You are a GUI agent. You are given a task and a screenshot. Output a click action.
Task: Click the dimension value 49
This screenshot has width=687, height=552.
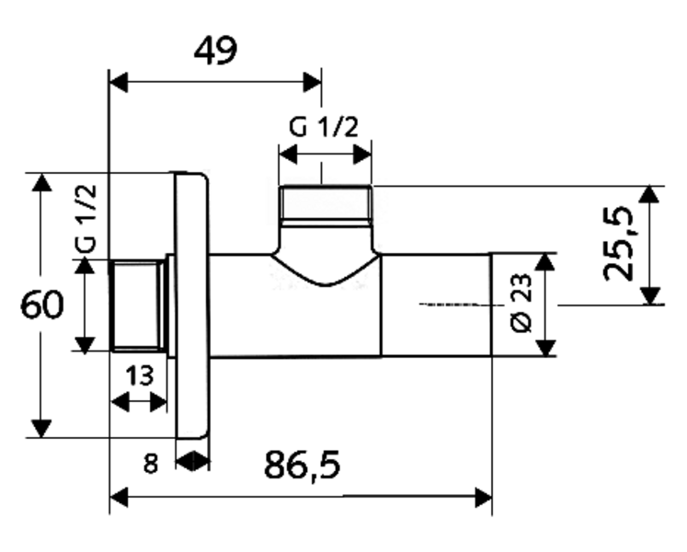point(215,51)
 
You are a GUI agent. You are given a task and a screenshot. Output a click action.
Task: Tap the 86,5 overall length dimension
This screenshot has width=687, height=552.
point(302,465)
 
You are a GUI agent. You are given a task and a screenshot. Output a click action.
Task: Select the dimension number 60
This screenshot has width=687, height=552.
point(42,305)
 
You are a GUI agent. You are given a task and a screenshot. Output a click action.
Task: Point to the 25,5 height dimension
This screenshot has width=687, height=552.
point(618,244)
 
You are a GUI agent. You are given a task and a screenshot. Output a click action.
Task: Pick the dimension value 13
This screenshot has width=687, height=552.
point(140,375)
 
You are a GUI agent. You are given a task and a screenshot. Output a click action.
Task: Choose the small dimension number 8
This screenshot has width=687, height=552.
point(150,464)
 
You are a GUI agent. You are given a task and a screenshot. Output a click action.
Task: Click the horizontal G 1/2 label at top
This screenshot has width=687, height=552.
point(324,127)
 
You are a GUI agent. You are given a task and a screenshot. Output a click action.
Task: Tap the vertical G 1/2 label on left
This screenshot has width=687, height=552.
point(86,219)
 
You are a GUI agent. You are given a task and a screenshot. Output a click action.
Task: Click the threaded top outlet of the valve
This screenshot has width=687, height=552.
point(325,204)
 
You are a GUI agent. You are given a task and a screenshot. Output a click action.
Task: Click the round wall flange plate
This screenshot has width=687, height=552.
point(191,305)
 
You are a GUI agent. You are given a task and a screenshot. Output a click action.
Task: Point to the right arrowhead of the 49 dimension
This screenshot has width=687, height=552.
point(312,82)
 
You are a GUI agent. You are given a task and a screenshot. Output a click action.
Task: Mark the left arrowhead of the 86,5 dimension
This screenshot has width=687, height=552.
point(119,497)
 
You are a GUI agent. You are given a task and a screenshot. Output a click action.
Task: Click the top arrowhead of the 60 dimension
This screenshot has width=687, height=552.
point(41,182)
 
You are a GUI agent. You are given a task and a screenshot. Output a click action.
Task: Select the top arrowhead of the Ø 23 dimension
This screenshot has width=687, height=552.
point(545,262)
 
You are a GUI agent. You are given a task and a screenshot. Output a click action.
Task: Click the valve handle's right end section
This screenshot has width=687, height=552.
point(436,305)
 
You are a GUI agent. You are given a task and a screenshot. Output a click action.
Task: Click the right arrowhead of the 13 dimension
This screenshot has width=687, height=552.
point(158,402)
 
